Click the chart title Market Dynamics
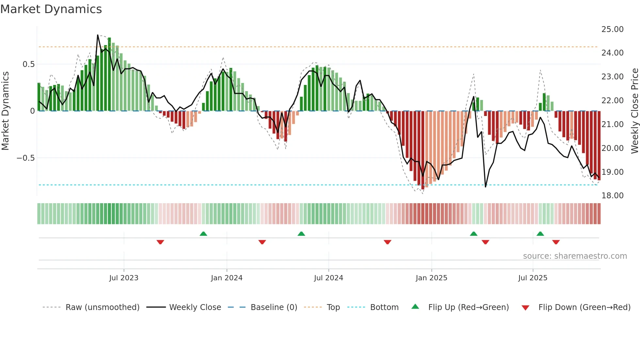[51, 9]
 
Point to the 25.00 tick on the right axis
[612, 29]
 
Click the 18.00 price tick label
[612, 196]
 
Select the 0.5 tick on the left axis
[28, 64]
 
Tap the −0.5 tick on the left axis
[25, 158]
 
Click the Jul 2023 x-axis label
[124, 278]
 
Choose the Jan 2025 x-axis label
[431, 278]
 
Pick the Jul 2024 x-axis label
[328, 278]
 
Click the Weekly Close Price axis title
[634, 111]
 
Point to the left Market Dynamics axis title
[5, 111]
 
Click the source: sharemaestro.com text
[575, 256]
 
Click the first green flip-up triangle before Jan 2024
[203, 234]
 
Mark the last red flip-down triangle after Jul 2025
[556, 242]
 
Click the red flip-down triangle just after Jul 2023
[160, 242]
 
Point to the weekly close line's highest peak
[98, 35]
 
